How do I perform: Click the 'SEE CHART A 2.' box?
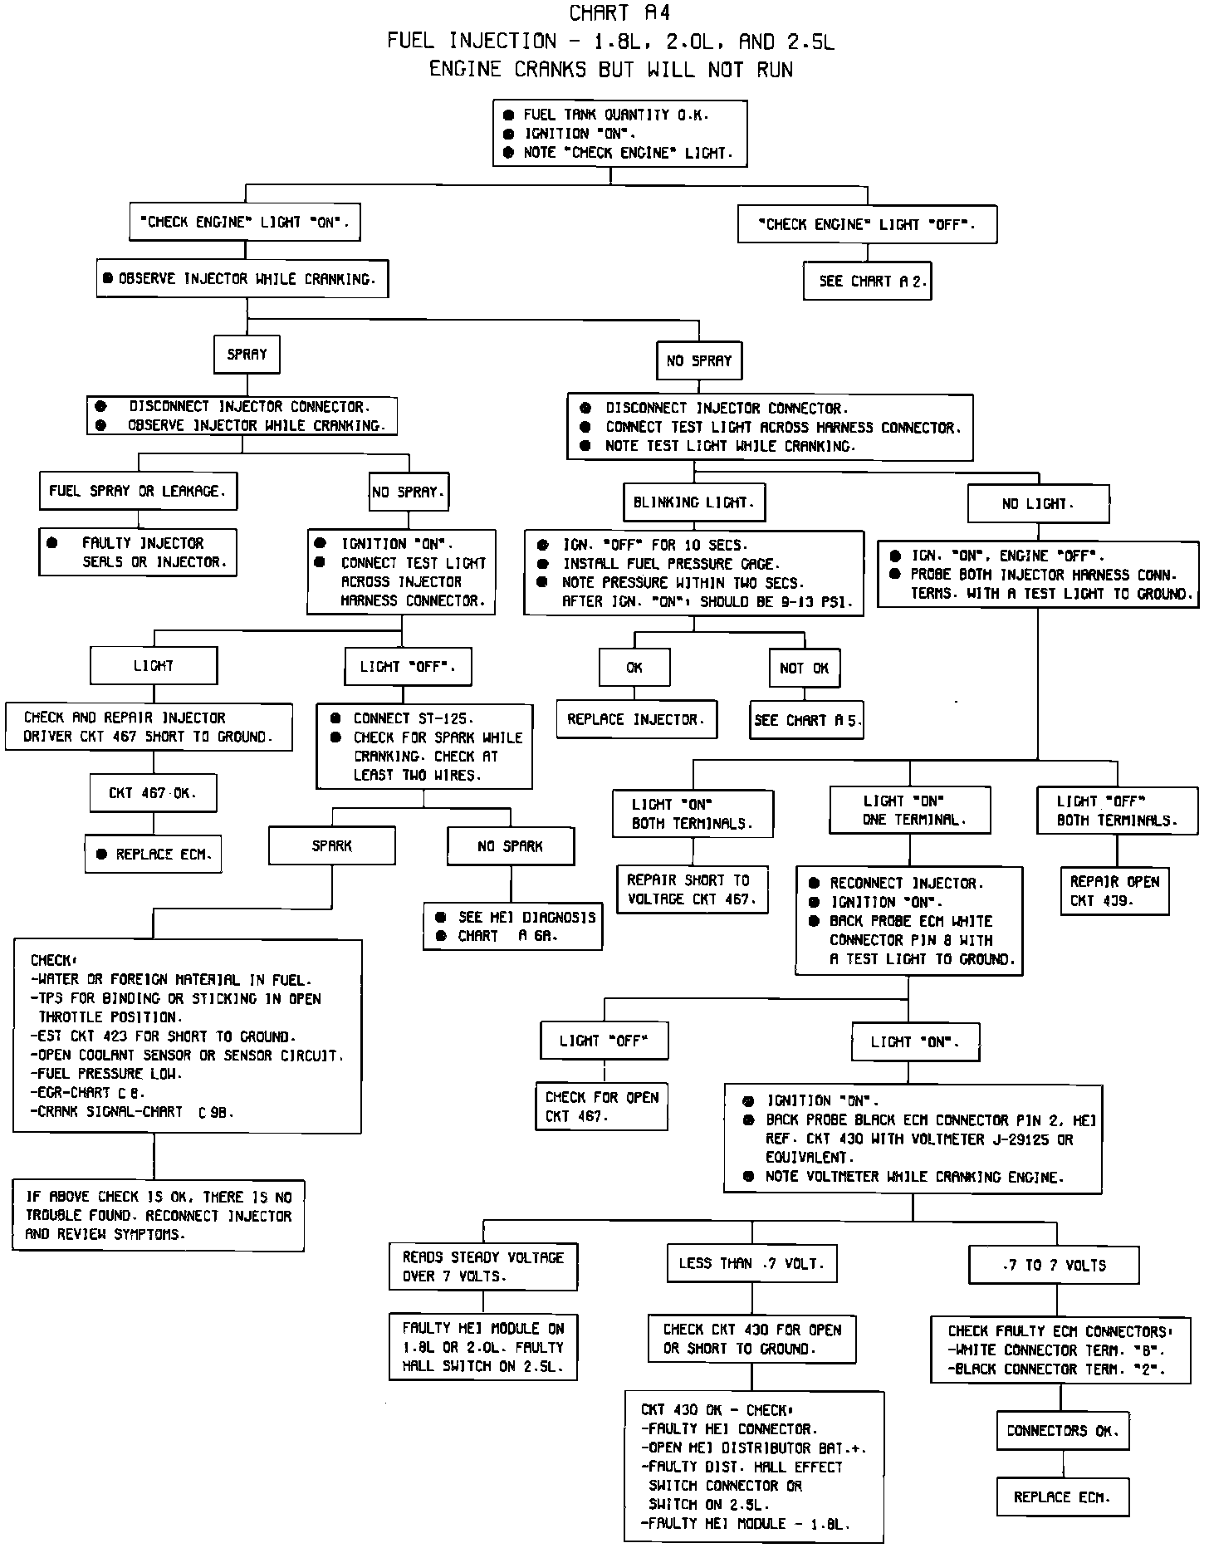866,281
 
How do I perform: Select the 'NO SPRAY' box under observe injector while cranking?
698,360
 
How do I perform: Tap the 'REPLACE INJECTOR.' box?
636,719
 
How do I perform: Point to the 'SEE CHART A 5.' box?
806,720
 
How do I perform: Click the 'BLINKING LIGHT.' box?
693,502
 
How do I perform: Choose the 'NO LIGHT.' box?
1037,503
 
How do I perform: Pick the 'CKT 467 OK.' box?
153,793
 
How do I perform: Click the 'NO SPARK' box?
510,846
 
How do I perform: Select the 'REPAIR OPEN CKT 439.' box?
1114,890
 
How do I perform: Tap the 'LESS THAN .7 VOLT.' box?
751,1263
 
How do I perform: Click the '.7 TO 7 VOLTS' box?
1053,1265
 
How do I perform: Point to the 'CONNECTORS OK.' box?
1062,1430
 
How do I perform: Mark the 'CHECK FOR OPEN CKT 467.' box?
601,1106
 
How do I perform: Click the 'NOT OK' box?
804,668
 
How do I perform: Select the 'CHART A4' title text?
609,13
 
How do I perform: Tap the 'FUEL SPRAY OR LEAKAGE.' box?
137,491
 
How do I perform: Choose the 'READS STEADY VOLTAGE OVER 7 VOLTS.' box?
483,1266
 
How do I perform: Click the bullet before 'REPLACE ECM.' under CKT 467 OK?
101,855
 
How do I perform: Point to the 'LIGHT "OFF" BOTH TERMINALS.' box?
1117,811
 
